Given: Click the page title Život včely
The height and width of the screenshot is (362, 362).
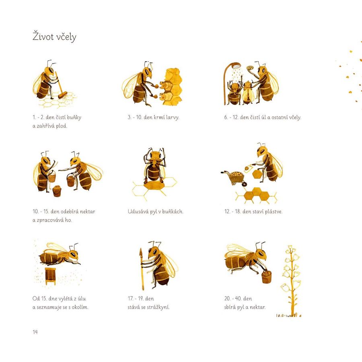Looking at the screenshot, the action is [x=54, y=37].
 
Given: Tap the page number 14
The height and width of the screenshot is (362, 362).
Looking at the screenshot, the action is [x=35, y=332].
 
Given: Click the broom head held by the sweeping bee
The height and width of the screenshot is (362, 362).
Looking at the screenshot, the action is [x=63, y=95].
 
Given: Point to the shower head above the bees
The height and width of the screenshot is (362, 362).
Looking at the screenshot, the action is [x=237, y=66].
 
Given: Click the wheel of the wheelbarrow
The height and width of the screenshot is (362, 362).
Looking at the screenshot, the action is [x=244, y=184].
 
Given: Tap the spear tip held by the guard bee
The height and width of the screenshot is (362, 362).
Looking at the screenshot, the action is [x=140, y=252].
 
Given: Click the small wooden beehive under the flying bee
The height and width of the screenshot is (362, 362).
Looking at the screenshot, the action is [x=51, y=276].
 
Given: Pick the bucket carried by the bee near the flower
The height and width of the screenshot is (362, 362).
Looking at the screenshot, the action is [x=266, y=277].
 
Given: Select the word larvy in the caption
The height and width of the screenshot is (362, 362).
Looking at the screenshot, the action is [x=173, y=117].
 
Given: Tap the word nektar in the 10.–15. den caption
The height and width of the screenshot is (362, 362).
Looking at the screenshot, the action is [x=88, y=212].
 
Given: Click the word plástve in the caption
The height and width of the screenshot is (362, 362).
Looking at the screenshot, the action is [x=274, y=212].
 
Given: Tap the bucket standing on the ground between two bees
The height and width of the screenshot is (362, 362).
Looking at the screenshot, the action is [x=57, y=191].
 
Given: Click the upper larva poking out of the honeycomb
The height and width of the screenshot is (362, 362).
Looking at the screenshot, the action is [x=163, y=84].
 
